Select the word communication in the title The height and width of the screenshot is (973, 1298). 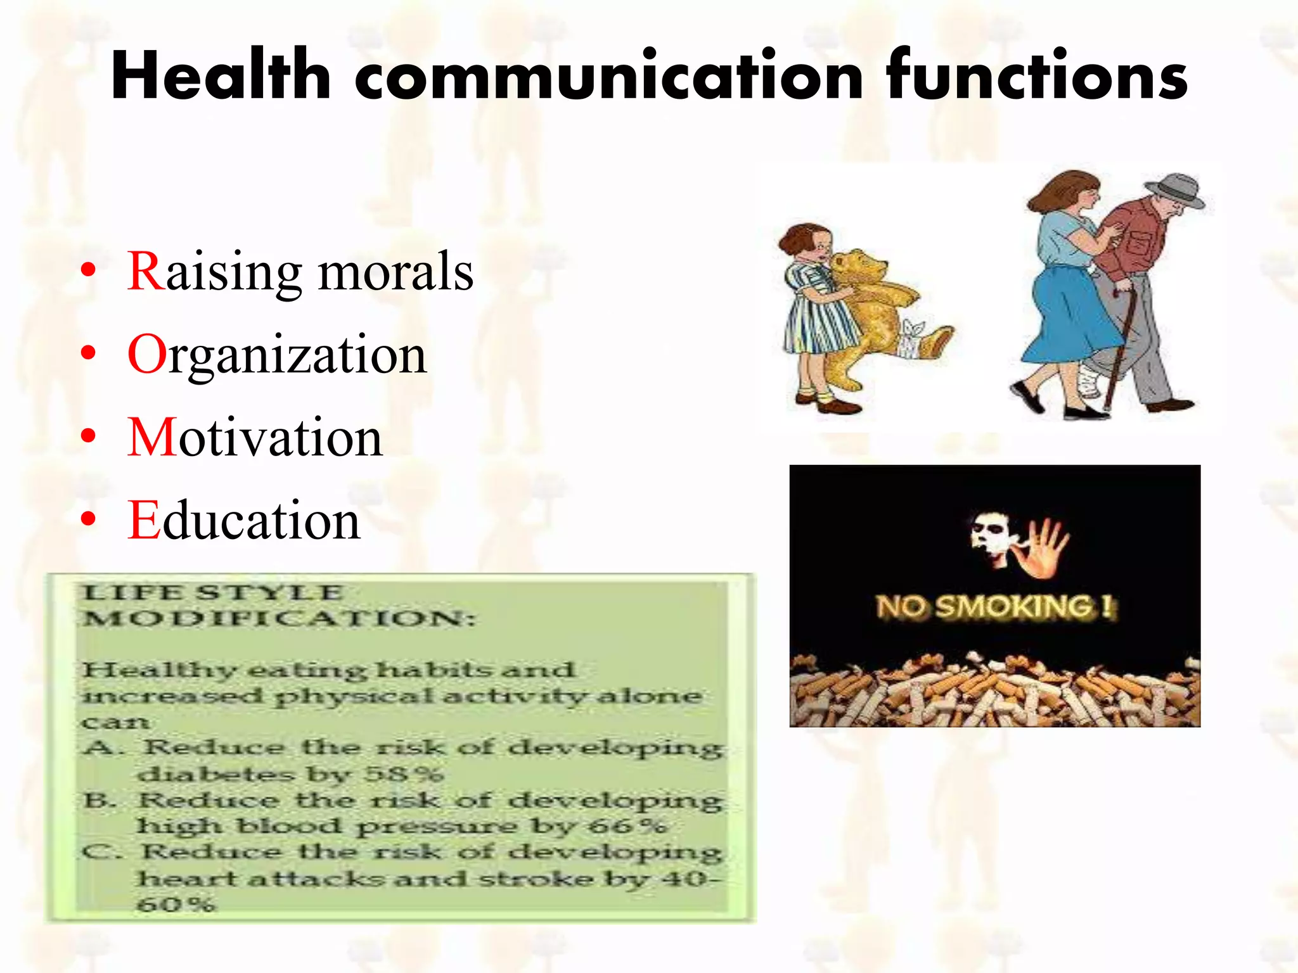pyautogui.click(x=608, y=76)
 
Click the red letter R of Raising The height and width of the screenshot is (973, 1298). pyautogui.click(x=146, y=271)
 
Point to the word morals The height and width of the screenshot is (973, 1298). pyautogui.click(x=395, y=272)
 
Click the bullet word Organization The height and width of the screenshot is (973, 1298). pyautogui.click(x=278, y=355)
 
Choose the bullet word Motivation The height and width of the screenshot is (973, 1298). pyautogui.click(x=255, y=438)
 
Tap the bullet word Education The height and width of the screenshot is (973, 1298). pyautogui.click(x=244, y=521)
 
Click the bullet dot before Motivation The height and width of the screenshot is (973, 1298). pyautogui.click(x=89, y=436)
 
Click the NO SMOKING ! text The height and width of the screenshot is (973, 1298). pyautogui.click(x=995, y=606)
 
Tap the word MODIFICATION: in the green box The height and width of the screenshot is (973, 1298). pyautogui.click(x=279, y=618)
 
